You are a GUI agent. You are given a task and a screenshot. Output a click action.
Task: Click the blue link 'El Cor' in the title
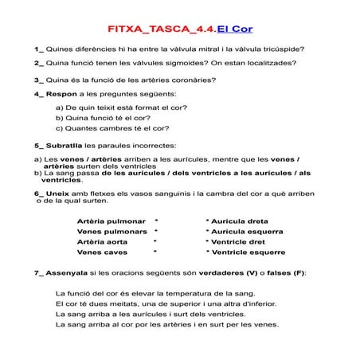[236, 27]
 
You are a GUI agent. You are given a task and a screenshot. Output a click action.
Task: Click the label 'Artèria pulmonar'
[111, 220]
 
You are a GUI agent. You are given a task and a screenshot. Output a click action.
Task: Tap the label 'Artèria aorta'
[103, 241]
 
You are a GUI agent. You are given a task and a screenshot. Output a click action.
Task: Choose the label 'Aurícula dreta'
[239, 220]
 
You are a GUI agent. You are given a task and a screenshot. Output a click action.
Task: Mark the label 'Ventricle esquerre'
[248, 252]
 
